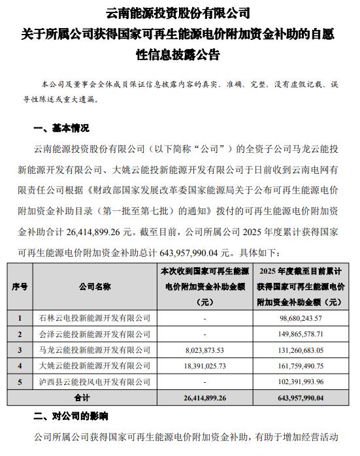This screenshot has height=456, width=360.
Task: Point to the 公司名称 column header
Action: (95, 286)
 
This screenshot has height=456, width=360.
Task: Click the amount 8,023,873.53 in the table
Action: (205, 349)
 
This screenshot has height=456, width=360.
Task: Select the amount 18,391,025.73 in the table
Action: (205, 365)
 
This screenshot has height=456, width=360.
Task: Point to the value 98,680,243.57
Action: (299, 318)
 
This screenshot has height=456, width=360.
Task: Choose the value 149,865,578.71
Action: (299, 333)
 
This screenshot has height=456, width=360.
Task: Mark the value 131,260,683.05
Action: (299, 349)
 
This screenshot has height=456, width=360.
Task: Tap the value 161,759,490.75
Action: (299, 365)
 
